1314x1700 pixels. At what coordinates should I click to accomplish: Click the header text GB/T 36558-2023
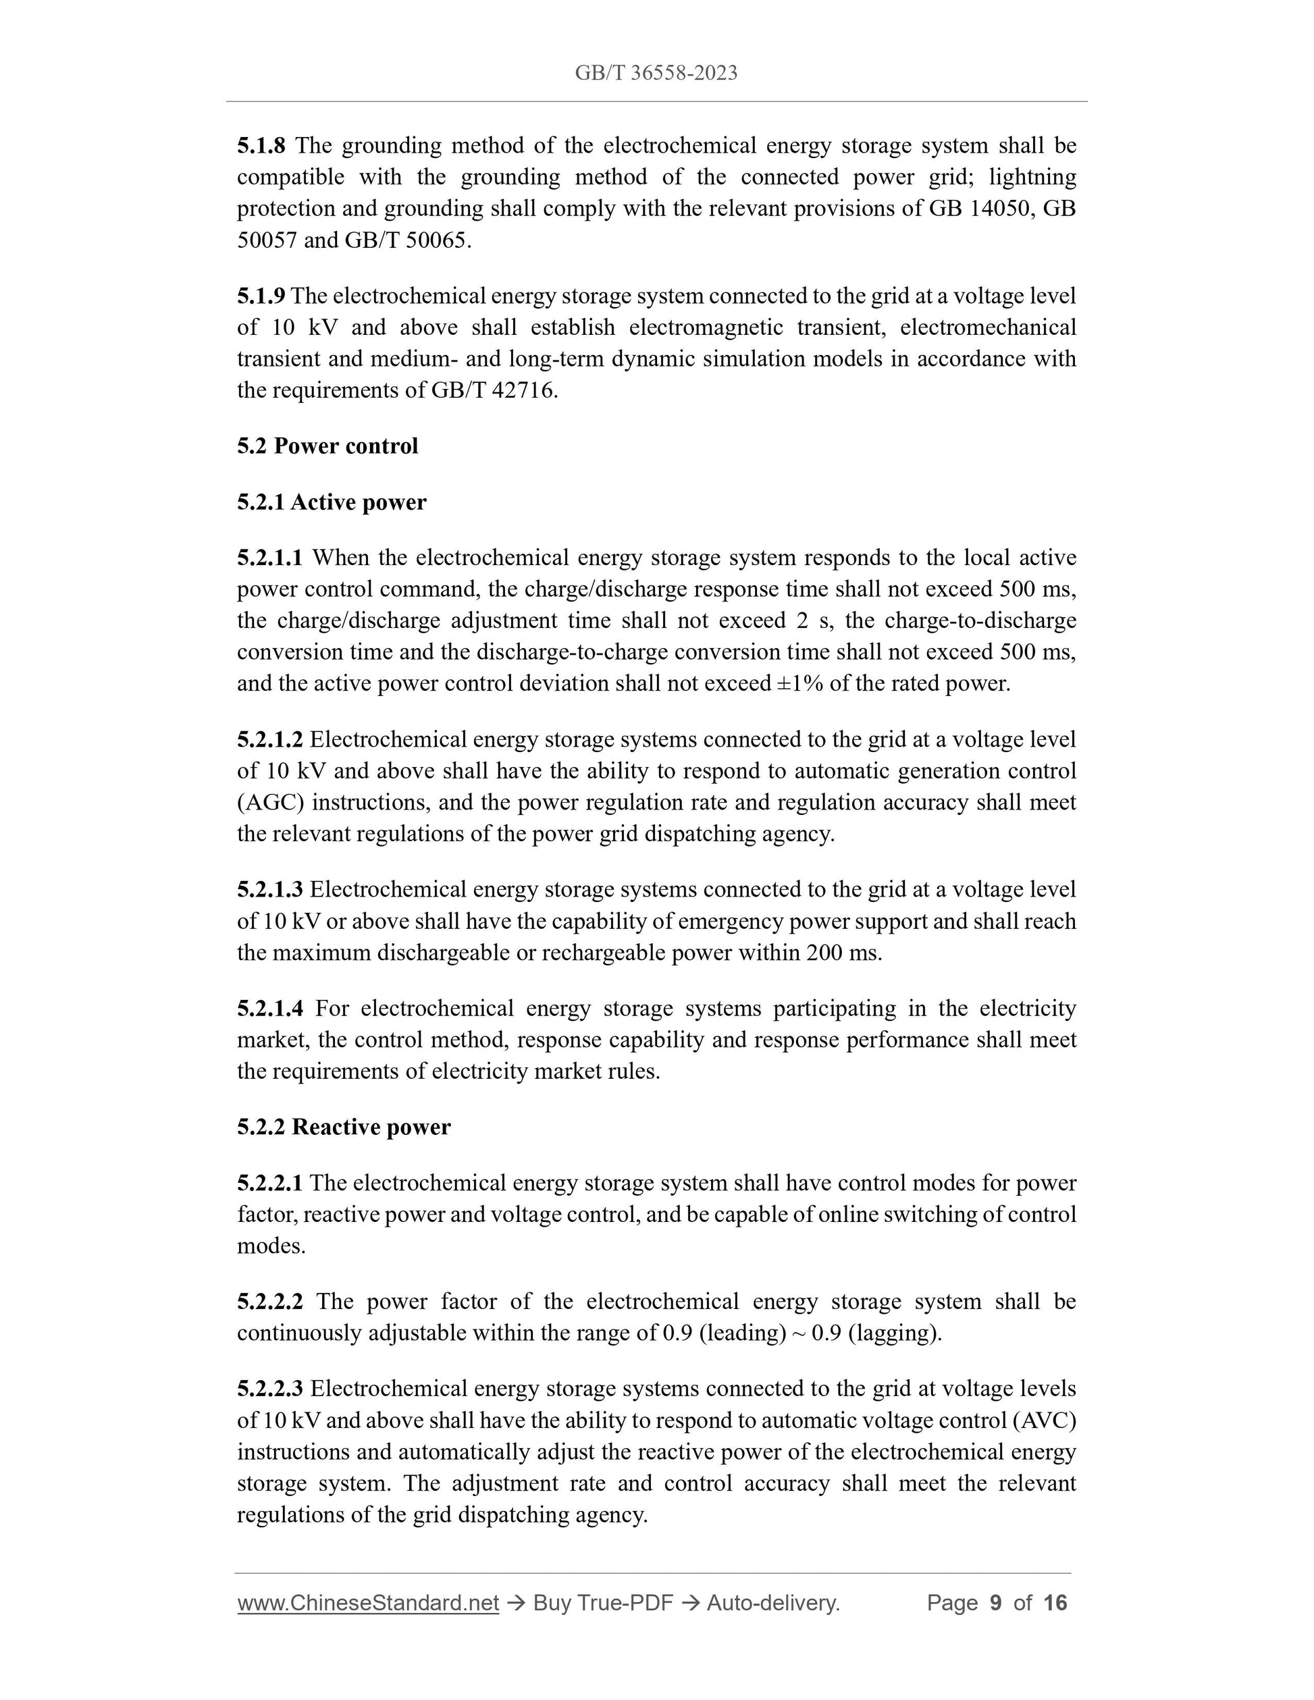pos(656,73)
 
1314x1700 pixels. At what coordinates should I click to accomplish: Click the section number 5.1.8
pos(261,146)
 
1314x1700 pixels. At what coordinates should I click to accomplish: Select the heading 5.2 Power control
pos(327,446)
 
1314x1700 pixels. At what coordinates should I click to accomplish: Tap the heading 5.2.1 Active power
pos(332,502)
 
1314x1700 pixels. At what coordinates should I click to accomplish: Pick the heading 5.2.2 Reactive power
pos(343,1127)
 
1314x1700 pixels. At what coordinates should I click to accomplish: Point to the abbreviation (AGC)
pos(270,803)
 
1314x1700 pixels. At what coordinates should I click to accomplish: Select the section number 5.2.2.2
pos(270,1302)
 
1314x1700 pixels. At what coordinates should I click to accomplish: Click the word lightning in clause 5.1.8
pos(1032,178)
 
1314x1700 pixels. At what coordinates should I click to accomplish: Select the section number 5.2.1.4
pos(270,1009)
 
